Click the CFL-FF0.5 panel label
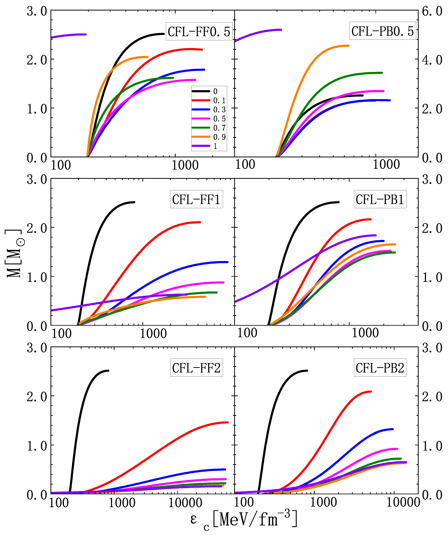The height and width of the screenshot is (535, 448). point(199,32)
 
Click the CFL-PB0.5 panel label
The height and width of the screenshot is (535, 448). point(382,31)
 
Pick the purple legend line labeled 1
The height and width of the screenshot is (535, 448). point(201,146)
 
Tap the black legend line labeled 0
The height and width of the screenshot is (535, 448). point(201,91)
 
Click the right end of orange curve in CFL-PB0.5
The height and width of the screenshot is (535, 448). point(349,46)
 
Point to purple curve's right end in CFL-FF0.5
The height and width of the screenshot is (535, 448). point(86,34)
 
